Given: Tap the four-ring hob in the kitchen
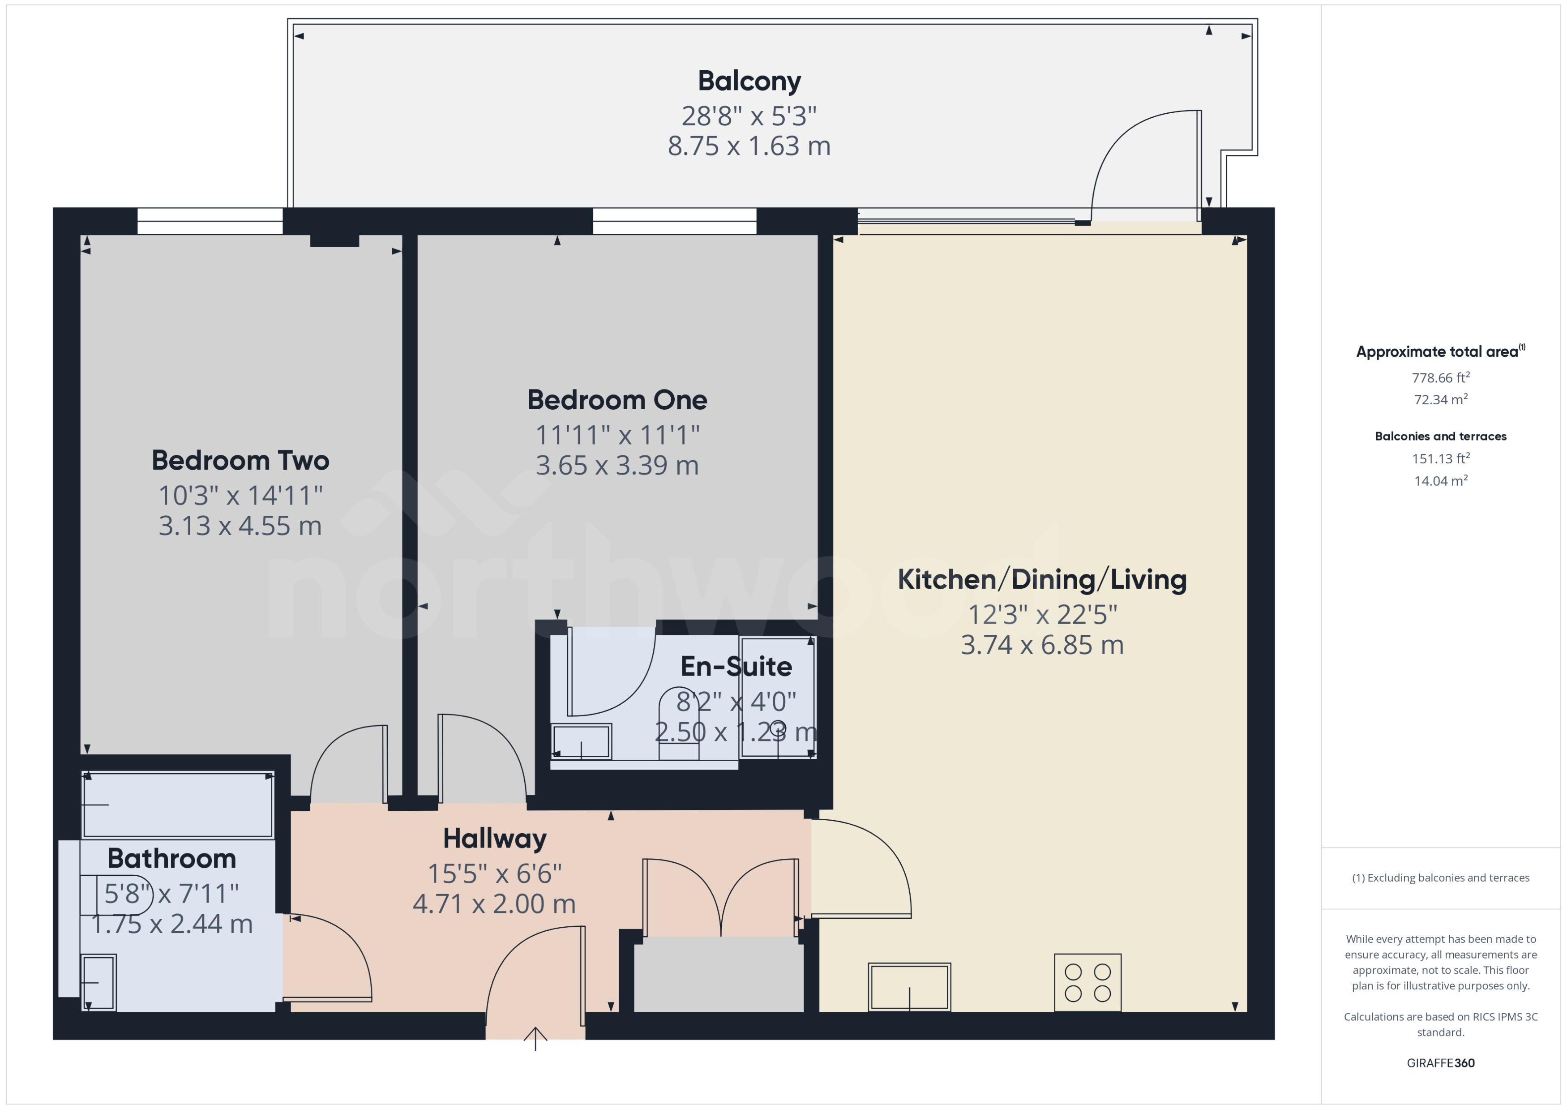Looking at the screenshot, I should click(x=1087, y=983).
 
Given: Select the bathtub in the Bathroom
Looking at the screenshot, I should click(x=178, y=805).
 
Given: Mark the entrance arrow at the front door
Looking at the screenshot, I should click(x=535, y=1038).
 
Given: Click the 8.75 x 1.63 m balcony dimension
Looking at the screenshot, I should click(x=749, y=146).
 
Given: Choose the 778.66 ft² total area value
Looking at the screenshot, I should click(x=1441, y=377).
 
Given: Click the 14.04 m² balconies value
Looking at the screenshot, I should click(x=1441, y=481).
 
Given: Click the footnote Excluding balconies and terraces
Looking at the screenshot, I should click(x=1441, y=878).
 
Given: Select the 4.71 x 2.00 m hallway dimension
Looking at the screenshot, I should click(x=494, y=904).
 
